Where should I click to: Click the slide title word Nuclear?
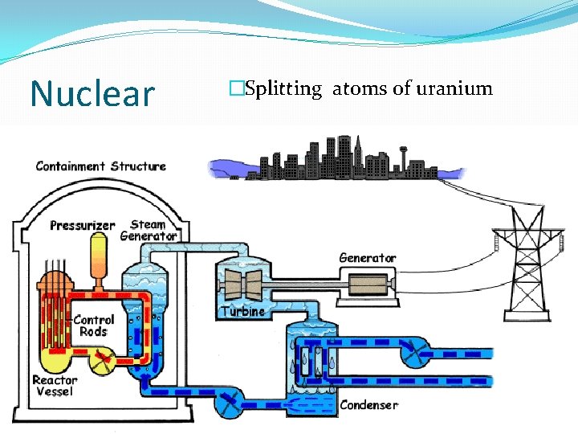92,93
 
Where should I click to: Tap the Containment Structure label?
100,166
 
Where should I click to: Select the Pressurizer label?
82,226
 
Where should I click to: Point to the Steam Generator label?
149,231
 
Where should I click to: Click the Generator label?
368,258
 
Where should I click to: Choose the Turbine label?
242,311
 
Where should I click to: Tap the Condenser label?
368,404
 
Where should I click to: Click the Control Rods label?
93,325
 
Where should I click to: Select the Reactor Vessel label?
55,385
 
